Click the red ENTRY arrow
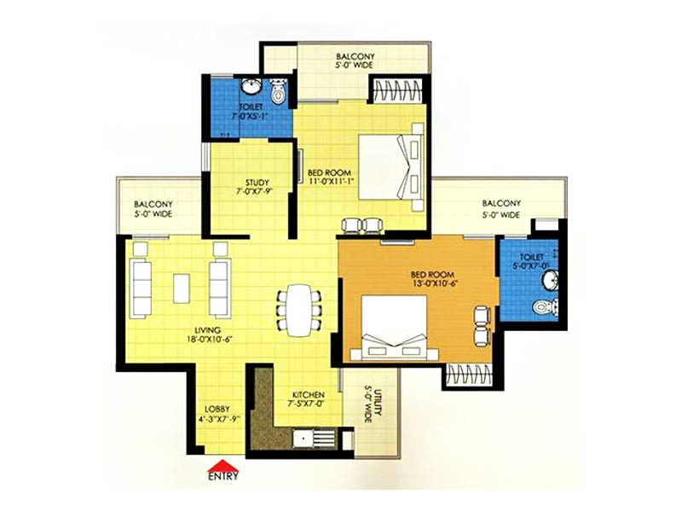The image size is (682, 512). (x=223, y=465)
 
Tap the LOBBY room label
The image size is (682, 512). (x=217, y=410)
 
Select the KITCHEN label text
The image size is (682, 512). (x=309, y=395)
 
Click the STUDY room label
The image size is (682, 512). (x=257, y=182)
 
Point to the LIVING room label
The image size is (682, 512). (x=207, y=330)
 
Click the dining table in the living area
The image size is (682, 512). (x=300, y=310)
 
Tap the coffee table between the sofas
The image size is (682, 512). (x=182, y=288)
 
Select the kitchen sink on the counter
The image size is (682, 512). (x=303, y=439)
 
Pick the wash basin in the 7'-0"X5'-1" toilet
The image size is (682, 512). (x=251, y=86)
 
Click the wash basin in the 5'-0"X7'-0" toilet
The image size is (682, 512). (x=550, y=279)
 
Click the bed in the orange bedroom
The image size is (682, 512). (x=395, y=328)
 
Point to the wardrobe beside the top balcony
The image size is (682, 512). (x=397, y=91)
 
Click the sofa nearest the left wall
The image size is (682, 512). (x=142, y=288)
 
